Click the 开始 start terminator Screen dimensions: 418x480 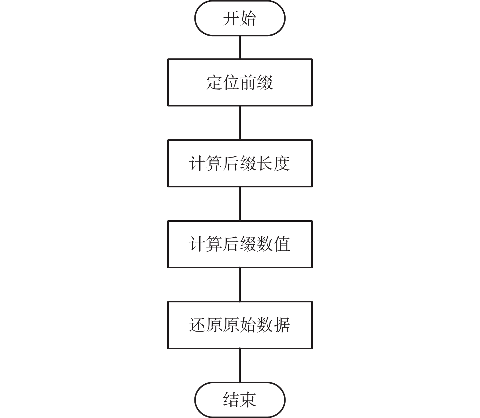pyautogui.click(x=240, y=18)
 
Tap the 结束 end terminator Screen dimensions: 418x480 pyautogui.click(x=240, y=399)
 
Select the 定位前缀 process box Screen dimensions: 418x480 pyautogui.click(x=240, y=82)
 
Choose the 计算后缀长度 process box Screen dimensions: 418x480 pyautogui.click(x=240, y=163)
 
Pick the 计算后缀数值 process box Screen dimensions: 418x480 pyautogui.click(x=240, y=244)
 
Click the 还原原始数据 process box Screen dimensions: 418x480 pyautogui.click(x=240, y=325)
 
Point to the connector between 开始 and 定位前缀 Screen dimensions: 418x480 pyautogui.click(x=240, y=47)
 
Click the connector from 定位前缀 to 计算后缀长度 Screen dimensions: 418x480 pyautogui.click(x=240, y=123)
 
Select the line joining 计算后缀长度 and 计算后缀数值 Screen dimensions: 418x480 pyautogui.click(x=240, y=204)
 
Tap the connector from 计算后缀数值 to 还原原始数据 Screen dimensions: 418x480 pyautogui.click(x=240, y=284)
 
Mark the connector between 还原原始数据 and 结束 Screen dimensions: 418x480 pyautogui.click(x=240, y=365)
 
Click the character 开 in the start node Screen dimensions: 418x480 pyautogui.click(x=231, y=18)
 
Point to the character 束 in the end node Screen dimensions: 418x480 pyautogui.click(x=248, y=399)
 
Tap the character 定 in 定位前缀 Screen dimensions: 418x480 pyautogui.click(x=214, y=82)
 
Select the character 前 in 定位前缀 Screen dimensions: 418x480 pyautogui.click(x=248, y=82)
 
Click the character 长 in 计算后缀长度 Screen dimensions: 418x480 pyautogui.click(x=265, y=163)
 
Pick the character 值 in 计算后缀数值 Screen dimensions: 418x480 pyautogui.click(x=282, y=244)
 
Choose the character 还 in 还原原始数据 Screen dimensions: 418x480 pyautogui.click(x=197, y=325)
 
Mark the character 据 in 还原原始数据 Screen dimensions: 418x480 pyautogui.click(x=282, y=325)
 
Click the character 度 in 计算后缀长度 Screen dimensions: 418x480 pyautogui.click(x=282, y=163)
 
